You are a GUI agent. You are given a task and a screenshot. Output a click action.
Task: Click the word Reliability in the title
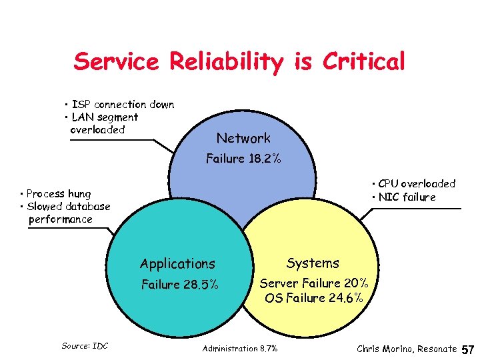coord(226,62)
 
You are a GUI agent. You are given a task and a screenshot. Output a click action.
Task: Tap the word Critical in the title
coord(363,62)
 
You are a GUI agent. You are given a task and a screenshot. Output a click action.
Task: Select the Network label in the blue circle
coord(243,138)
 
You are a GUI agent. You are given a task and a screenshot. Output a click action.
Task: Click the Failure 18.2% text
coord(243,159)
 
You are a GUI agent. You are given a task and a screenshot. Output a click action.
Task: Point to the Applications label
coord(177,264)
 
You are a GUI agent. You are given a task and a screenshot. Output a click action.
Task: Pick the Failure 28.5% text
coord(179,285)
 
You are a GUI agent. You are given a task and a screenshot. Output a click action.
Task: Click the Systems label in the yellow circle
coord(313,263)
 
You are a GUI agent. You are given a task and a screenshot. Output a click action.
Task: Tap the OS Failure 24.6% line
coord(313,298)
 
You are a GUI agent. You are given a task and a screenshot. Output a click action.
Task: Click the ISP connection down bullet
coord(120,105)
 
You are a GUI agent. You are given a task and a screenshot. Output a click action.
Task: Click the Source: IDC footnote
coord(85,345)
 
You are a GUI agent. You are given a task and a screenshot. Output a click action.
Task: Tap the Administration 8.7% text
coord(240,349)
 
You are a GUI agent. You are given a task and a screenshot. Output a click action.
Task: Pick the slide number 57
coord(468,349)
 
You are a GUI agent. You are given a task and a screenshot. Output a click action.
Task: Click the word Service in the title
coord(116,62)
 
